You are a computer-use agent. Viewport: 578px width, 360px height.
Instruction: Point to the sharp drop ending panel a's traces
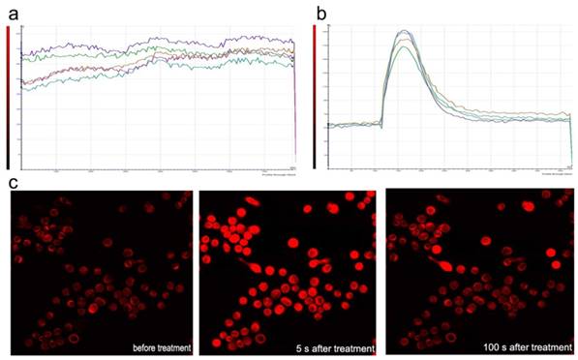pos(294,106)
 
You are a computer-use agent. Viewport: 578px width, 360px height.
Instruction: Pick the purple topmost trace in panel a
pos(155,41)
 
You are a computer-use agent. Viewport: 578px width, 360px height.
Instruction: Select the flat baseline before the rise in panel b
pos(353,124)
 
